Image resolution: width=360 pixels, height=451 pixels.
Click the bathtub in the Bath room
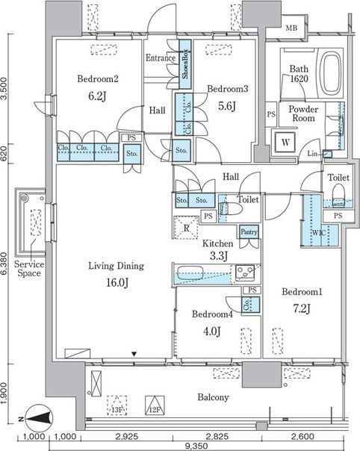click(330, 73)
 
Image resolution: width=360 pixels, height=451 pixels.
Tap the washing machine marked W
click(285, 142)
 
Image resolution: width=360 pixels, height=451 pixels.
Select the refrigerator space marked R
click(186, 228)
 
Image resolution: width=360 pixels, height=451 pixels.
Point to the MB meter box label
click(291, 28)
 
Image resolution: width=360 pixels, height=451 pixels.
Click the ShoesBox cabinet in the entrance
click(185, 64)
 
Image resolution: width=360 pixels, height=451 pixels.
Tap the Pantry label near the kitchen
click(249, 231)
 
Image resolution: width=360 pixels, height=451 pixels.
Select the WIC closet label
click(319, 233)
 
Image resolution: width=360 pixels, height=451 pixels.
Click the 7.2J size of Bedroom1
click(302, 309)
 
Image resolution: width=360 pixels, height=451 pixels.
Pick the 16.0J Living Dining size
click(117, 283)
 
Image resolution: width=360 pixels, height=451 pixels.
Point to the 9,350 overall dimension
click(196, 446)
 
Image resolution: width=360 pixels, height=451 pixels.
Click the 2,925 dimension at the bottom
click(127, 436)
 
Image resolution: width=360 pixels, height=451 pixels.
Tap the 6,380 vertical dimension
click(4, 264)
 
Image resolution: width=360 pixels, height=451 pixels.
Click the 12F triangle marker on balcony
click(155, 405)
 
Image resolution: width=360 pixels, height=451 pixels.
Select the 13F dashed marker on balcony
click(117, 405)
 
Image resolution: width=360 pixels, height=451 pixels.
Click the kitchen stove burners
click(245, 272)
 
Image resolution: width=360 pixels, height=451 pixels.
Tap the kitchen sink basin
click(190, 273)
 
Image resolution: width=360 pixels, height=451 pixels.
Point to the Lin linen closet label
click(312, 154)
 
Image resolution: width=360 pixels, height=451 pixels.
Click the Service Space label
click(29, 269)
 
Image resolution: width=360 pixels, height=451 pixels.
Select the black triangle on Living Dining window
click(134, 353)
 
